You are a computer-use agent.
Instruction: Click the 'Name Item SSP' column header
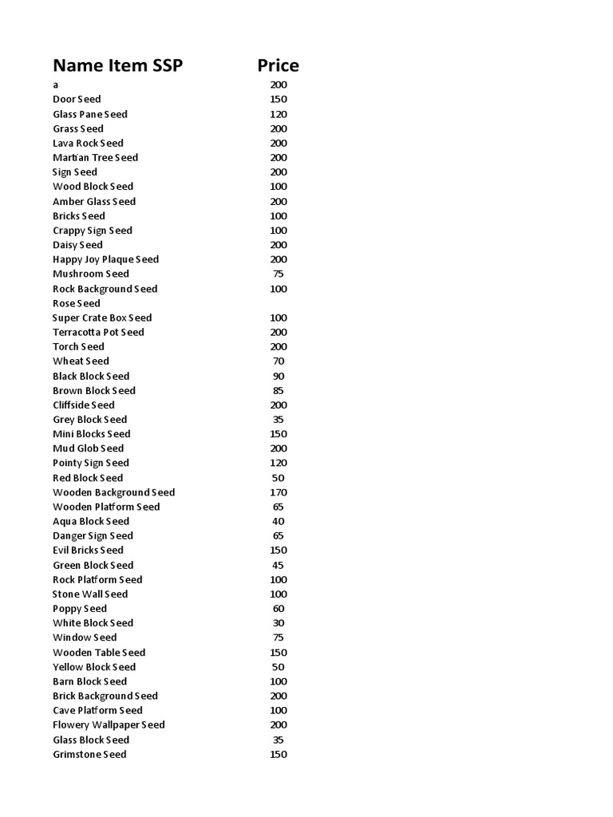(x=117, y=65)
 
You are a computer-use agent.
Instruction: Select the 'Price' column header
(x=278, y=65)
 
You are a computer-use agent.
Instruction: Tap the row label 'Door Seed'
(x=77, y=100)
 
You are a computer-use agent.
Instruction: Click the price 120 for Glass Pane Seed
(x=278, y=114)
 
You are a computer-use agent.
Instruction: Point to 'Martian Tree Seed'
(x=95, y=158)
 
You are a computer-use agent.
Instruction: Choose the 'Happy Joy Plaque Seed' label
(x=105, y=259)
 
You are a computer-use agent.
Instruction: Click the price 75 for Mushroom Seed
(x=278, y=274)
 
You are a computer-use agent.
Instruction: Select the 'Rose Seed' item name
(x=77, y=303)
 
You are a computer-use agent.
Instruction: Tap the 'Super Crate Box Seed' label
(x=102, y=318)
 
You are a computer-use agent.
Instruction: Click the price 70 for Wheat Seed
(x=278, y=361)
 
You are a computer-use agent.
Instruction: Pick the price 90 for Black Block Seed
(x=278, y=376)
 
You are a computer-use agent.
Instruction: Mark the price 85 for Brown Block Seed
(x=278, y=390)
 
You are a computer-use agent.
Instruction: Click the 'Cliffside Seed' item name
(x=84, y=405)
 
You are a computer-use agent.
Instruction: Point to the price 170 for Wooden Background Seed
(x=278, y=492)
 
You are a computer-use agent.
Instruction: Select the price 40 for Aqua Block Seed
(x=278, y=521)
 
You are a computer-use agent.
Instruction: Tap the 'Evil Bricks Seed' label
(x=88, y=550)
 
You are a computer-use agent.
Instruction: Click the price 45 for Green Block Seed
(x=278, y=565)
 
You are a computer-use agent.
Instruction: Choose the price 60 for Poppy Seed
(x=278, y=608)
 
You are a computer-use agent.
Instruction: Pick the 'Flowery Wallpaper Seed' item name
(x=109, y=724)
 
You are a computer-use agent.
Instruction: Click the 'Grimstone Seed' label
(x=89, y=754)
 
